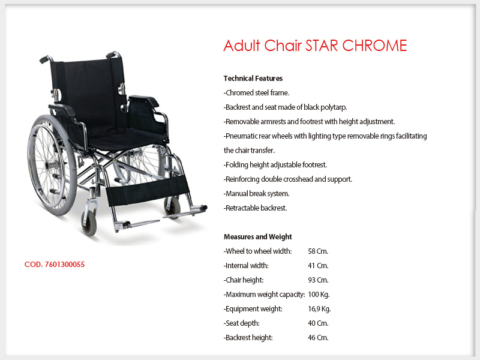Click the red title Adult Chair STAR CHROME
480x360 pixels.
click(315, 46)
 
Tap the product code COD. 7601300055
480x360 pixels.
click(55, 265)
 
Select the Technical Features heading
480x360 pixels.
click(253, 79)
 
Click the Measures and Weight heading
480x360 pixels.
click(258, 236)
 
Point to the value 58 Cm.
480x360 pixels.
click(318, 251)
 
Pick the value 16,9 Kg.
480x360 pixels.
click(319, 309)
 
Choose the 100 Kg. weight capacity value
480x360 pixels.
click(319, 295)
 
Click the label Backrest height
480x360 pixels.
click(248, 338)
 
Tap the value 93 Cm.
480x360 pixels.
click(318, 280)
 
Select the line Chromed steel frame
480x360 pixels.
click(256, 93)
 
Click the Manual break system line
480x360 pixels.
click(256, 193)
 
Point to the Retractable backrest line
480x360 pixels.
click(255, 208)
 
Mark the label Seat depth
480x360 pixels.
click(242, 323)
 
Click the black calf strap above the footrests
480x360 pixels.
click(148, 190)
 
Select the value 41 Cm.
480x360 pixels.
click(318, 266)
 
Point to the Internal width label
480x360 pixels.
click(246, 266)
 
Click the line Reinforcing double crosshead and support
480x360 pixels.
click(288, 179)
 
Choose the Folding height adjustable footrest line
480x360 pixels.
click(275, 164)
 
